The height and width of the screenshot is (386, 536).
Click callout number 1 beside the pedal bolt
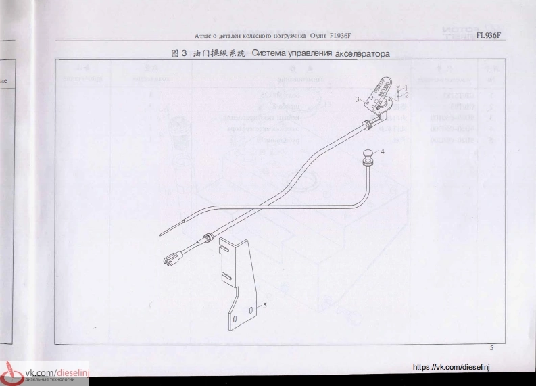406,87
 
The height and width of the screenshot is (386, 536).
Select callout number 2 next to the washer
406,95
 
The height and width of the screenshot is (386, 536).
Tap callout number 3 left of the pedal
358,99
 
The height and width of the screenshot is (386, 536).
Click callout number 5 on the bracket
264,305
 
